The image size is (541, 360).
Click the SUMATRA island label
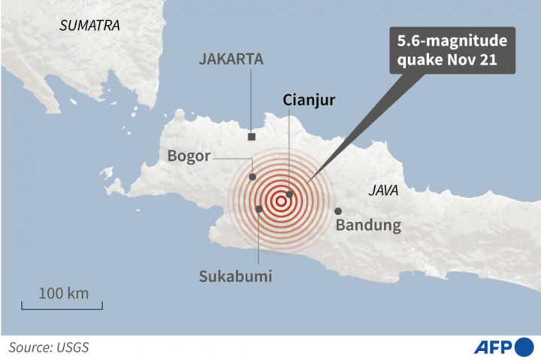(x=89, y=25)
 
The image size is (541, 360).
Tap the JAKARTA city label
(x=231, y=60)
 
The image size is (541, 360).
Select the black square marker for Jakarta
(x=252, y=137)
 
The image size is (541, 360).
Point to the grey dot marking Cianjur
(x=289, y=194)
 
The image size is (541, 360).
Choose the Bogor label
(x=189, y=157)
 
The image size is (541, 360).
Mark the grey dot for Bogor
(x=253, y=177)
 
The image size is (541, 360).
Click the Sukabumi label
(x=234, y=276)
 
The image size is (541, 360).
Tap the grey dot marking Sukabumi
(x=259, y=209)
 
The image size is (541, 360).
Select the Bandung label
(x=368, y=225)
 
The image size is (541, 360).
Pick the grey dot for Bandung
(x=338, y=211)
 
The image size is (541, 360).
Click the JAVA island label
(x=382, y=191)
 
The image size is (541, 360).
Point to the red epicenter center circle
(x=281, y=201)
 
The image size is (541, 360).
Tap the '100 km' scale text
(x=63, y=292)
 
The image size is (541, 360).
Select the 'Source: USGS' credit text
(x=49, y=346)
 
